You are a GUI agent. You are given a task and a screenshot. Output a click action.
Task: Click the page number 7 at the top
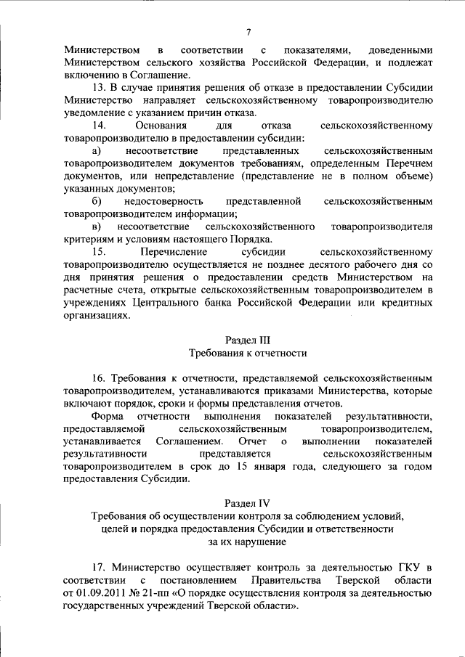(x=248, y=32)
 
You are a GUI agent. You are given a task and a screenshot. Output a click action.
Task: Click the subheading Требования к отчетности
(x=248, y=353)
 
